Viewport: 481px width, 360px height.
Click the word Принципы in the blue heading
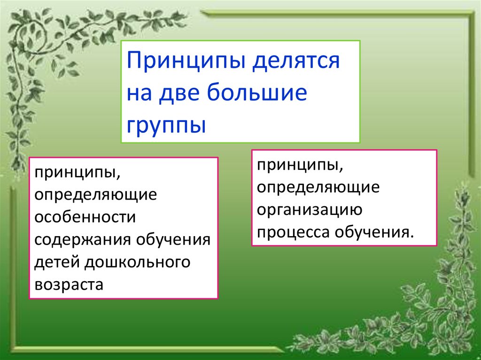(x=186, y=61)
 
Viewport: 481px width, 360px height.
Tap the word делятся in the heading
(x=296, y=61)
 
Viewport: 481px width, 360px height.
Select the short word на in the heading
(x=139, y=93)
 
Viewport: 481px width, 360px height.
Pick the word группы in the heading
(x=166, y=125)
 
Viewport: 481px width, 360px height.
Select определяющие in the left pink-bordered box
(x=96, y=196)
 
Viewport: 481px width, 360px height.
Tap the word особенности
(x=85, y=217)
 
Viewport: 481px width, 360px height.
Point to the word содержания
(x=83, y=240)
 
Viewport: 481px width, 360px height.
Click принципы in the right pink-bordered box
(x=300, y=166)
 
